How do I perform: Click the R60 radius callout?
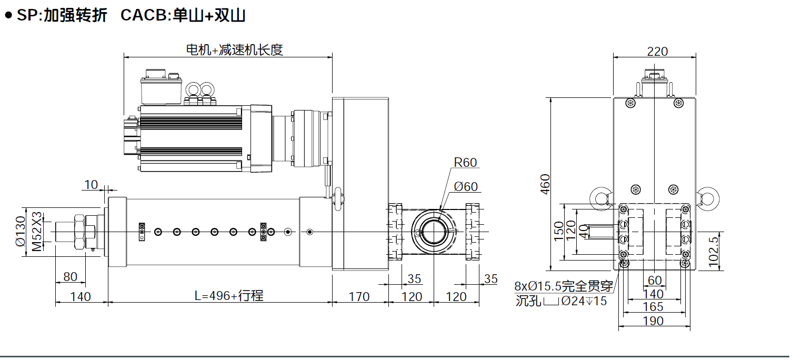[x=465, y=163]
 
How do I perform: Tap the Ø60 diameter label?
[x=465, y=187]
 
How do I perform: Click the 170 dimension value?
[x=359, y=297]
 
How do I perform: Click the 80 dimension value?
[x=70, y=276]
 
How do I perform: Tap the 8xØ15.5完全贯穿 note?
[x=564, y=287]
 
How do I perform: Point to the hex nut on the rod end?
[x=81, y=232]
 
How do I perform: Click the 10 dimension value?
[x=91, y=184]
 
